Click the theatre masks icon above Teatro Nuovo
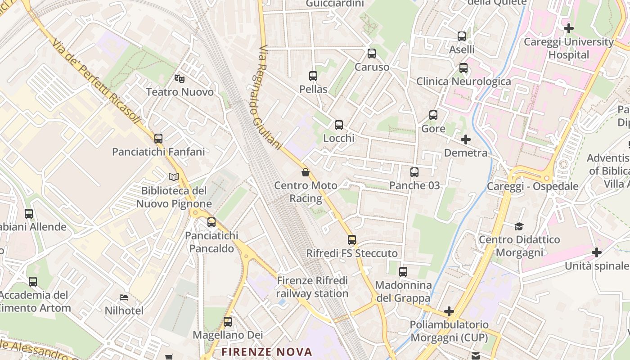point(180,79)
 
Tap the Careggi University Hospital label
point(568,48)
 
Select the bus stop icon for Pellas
point(313,76)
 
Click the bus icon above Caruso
point(372,54)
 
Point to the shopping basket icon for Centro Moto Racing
point(306,172)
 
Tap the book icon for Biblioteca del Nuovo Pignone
point(174,177)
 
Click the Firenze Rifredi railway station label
point(312,287)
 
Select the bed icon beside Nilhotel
point(124,297)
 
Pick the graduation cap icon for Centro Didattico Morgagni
point(519,226)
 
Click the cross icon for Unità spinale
point(597,252)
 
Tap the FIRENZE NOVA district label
point(267,351)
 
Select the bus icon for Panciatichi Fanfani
point(158,139)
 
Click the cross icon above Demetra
point(466,139)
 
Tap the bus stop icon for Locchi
point(339,125)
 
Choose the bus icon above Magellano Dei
point(228,322)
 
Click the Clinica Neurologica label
point(463,81)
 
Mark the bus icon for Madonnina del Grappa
point(403,272)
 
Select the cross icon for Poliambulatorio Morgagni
point(449,311)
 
